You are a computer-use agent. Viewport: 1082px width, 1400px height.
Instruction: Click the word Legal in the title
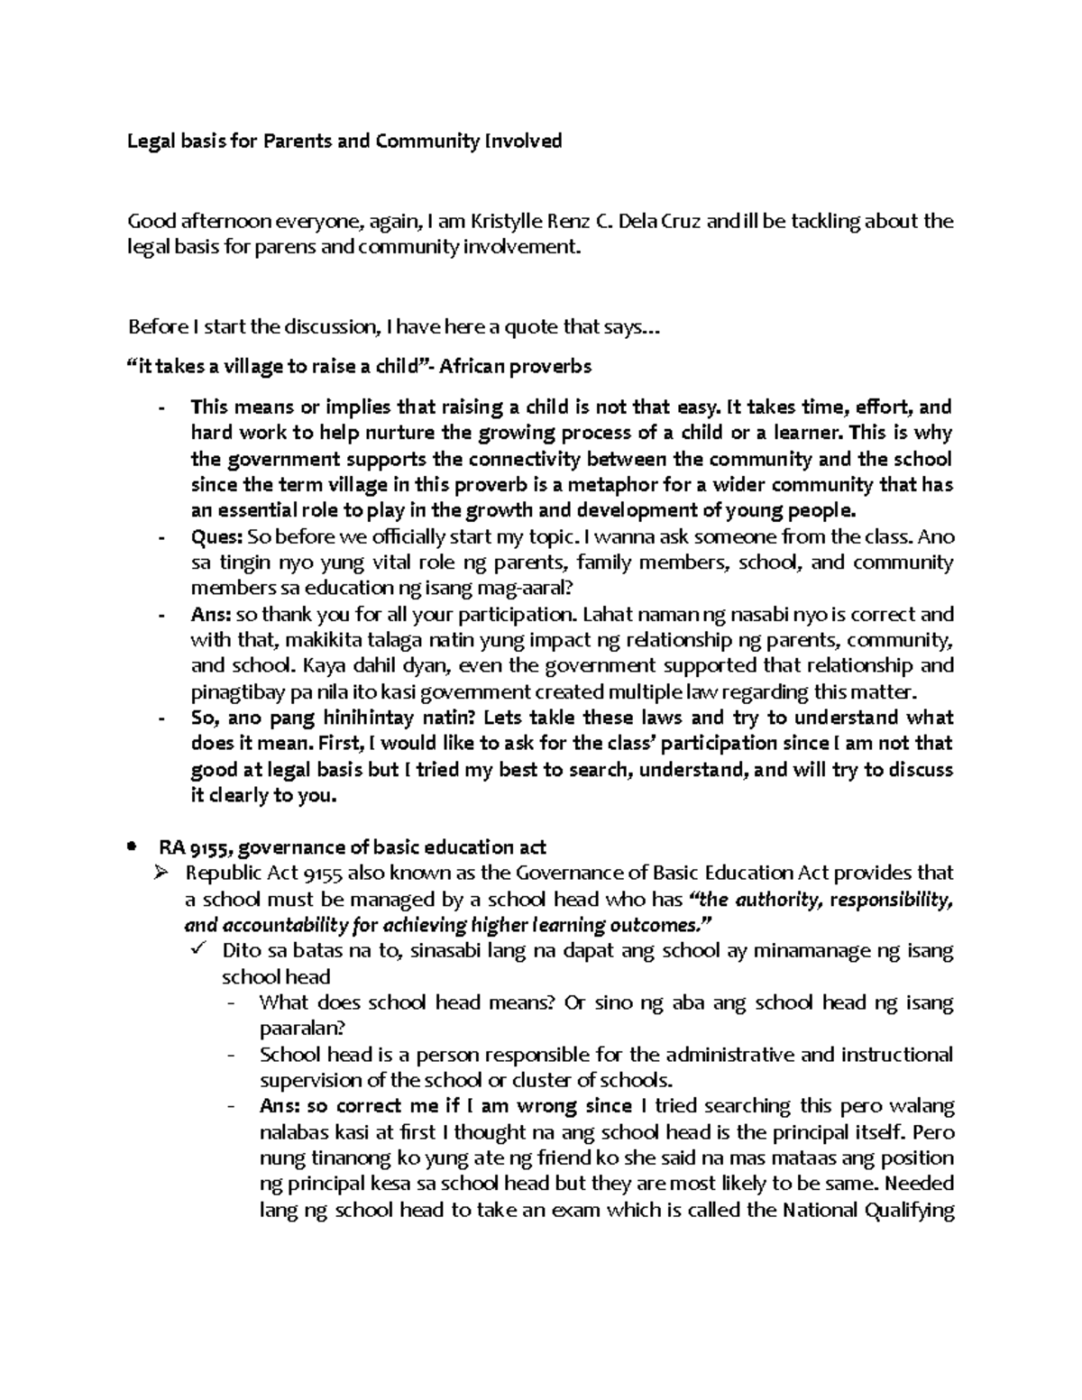click(147, 141)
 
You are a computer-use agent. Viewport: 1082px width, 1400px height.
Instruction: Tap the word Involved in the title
click(523, 141)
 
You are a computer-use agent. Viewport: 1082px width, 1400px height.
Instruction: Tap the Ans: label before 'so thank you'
click(211, 615)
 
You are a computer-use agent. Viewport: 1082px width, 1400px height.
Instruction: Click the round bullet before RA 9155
click(132, 847)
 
